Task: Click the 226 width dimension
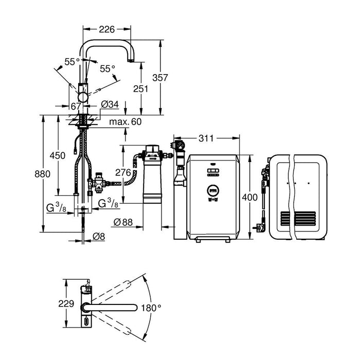click(x=107, y=29)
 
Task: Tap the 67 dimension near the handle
click(x=76, y=106)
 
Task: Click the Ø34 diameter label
click(x=110, y=105)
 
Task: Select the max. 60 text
click(x=125, y=122)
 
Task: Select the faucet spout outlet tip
click(x=132, y=60)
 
